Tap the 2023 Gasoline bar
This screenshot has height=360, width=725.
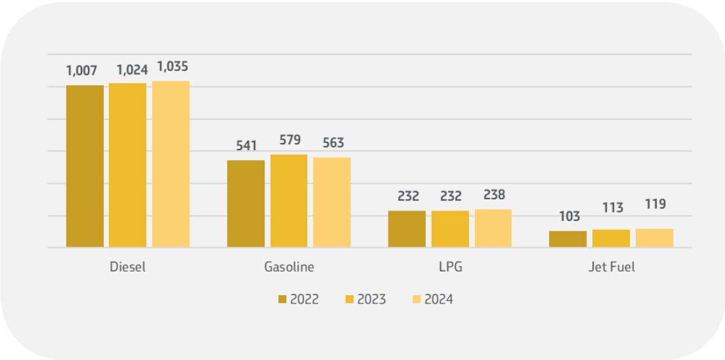(x=289, y=201)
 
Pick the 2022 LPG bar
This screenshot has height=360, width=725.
(x=407, y=229)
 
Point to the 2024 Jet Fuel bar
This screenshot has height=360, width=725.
(x=654, y=238)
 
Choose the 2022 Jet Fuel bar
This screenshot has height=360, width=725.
(x=568, y=239)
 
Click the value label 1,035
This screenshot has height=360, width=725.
(x=173, y=66)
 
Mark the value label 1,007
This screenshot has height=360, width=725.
(x=83, y=70)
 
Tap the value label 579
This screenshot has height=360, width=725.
(x=289, y=140)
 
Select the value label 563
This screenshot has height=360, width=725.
(x=333, y=143)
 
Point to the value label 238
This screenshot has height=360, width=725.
(x=493, y=195)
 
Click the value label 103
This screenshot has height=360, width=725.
(x=568, y=216)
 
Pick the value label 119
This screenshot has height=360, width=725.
(x=655, y=204)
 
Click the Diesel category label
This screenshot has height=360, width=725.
(x=127, y=267)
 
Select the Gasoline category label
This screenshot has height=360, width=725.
(x=289, y=267)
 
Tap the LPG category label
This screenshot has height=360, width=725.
(x=450, y=267)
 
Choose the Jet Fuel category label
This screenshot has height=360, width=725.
(x=611, y=267)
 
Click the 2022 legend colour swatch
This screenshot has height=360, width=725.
(x=282, y=300)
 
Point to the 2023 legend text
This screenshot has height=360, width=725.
(x=372, y=300)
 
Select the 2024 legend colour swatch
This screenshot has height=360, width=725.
(x=416, y=300)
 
